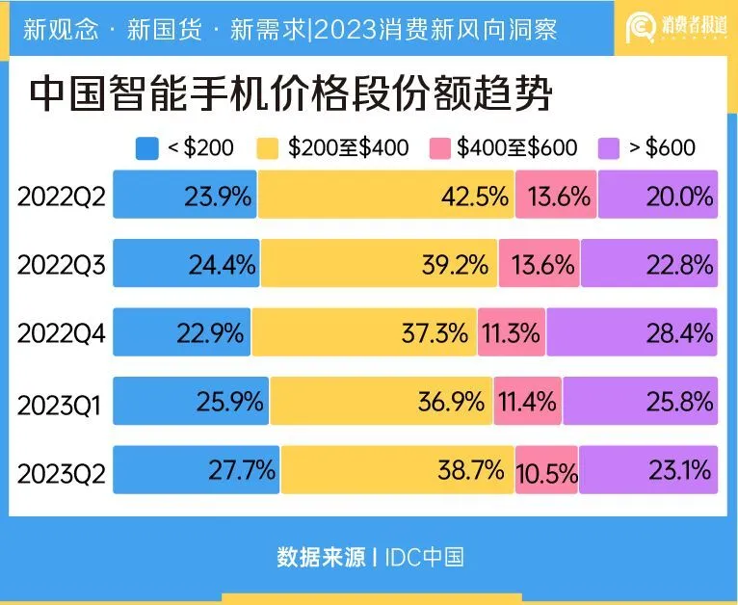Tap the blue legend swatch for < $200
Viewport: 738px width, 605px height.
click(x=147, y=147)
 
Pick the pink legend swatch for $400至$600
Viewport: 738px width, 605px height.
click(x=441, y=147)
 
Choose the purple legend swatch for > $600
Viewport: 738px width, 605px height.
click(x=610, y=147)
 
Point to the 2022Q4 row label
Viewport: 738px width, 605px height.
click(x=61, y=332)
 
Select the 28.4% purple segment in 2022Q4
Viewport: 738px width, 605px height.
click(x=632, y=332)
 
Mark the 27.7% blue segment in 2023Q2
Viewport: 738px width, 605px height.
click(x=197, y=470)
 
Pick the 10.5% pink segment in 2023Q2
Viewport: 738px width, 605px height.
click(x=546, y=471)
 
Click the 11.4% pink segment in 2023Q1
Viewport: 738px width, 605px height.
click(x=528, y=401)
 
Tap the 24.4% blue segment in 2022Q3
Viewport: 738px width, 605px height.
click(x=186, y=264)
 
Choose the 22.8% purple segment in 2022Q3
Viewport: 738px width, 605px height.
click(x=649, y=264)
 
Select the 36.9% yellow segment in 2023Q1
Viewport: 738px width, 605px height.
click(x=382, y=401)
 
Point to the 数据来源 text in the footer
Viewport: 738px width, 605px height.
click(x=321, y=556)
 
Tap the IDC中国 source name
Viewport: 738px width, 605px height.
click(x=425, y=556)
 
